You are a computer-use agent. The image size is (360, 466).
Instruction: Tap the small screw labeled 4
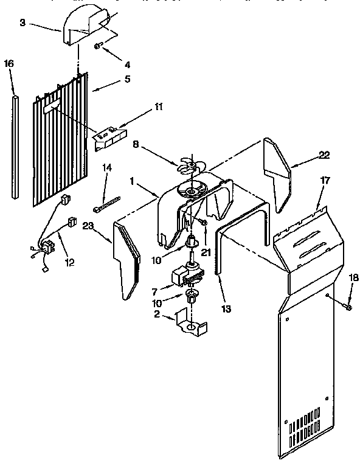[x=97, y=46]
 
